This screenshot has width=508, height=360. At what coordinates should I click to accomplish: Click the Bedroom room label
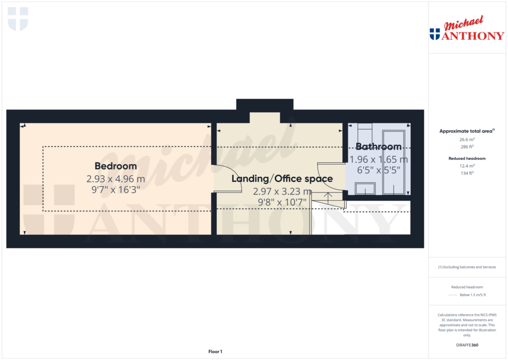point(116,166)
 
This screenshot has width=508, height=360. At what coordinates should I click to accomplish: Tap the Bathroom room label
point(379,147)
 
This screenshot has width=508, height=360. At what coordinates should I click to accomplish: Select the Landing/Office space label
point(282,179)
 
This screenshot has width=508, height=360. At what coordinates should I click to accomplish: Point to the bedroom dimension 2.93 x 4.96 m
point(116,179)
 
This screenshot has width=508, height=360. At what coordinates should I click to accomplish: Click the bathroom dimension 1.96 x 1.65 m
point(379,160)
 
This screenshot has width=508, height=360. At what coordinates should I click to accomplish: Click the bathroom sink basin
point(365,189)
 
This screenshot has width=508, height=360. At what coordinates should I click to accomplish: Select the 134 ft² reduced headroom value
point(467,173)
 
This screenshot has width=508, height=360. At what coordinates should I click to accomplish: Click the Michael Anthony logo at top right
point(467,29)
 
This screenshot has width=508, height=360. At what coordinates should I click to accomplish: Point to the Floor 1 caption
point(215,352)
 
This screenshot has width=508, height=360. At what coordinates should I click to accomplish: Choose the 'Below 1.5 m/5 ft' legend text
point(473,295)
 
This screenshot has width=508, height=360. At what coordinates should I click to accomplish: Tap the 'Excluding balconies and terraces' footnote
point(467,267)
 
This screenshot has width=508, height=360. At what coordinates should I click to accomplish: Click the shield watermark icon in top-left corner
point(18,19)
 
